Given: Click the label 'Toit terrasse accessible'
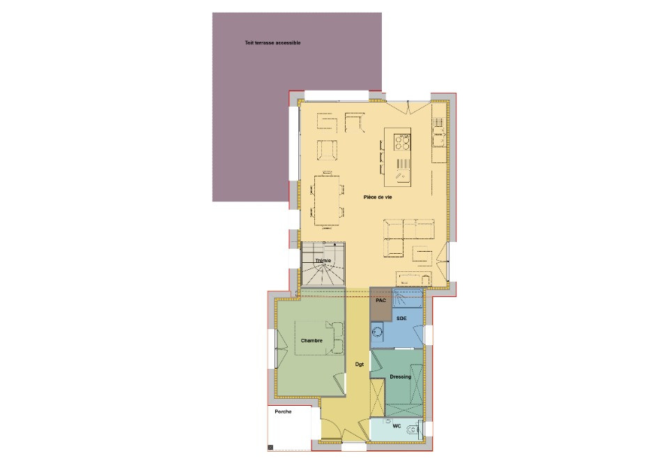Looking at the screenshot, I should pyautogui.click(x=272, y=43).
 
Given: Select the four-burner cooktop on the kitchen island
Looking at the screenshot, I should pyautogui.click(x=402, y=142).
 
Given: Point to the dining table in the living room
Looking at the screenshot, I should pyautogui.click(x=328, y=201).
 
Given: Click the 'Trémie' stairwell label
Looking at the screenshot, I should pyautogui.click(x=323, y=260).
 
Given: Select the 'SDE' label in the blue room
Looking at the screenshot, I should pyautogui.click(x=401, y=318).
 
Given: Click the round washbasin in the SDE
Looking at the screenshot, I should pyautogui.click(x=377, y=331).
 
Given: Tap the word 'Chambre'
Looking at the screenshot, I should pyautogui.click(x=311, y=340).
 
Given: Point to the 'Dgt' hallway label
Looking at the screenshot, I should pyautogui.click(x=360, y=364).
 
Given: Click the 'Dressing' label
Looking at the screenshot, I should pyautogui.click(x=400, y=377).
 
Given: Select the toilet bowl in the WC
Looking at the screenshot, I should pyautogui.click(x=416, y=428).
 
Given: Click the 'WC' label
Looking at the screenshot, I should pyautogui.click(x=397, y=425).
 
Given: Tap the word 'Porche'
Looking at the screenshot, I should pyautogui.click(x=283, y=412).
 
